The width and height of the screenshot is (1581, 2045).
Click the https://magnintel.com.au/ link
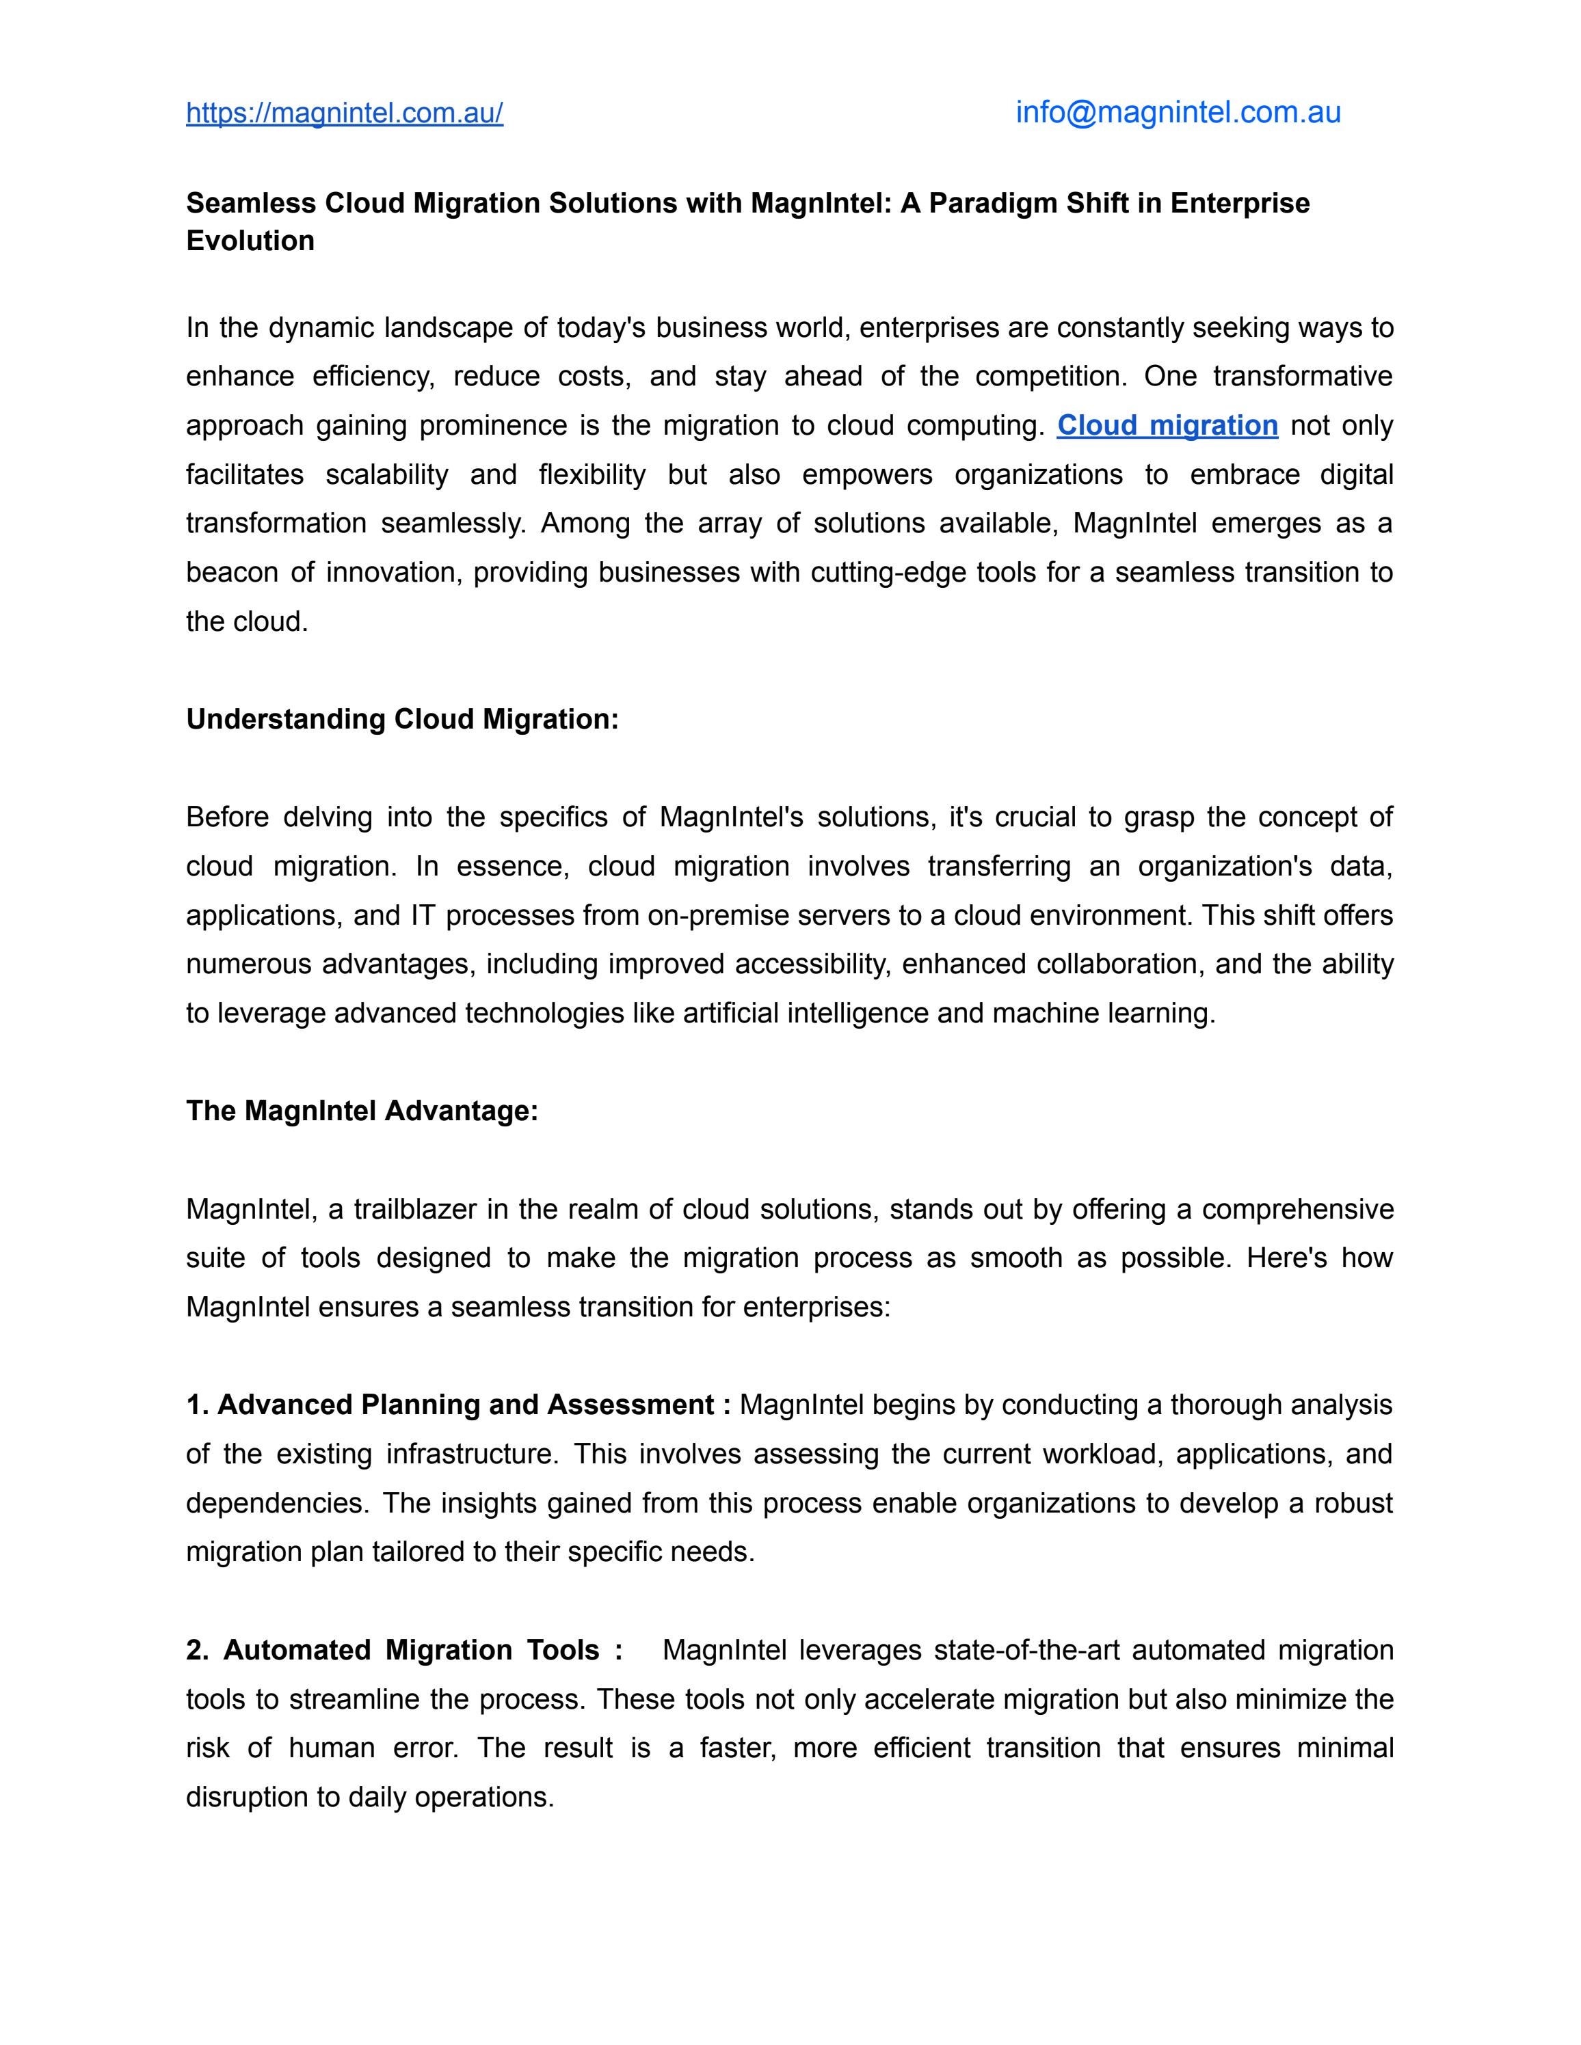click(x=344, y=113)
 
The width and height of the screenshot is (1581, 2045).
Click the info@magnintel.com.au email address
click(x=1178, y=112)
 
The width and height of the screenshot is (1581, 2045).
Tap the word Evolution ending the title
click(x=250, y=241)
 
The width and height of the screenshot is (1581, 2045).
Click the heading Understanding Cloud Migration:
click(x=402, y=719)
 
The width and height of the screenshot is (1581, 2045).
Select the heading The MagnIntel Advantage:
click(x=362, y=1111)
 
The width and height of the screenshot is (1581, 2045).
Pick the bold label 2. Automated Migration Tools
click(x=403, y=1650)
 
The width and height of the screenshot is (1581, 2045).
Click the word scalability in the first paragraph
click(x=387, y=475)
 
